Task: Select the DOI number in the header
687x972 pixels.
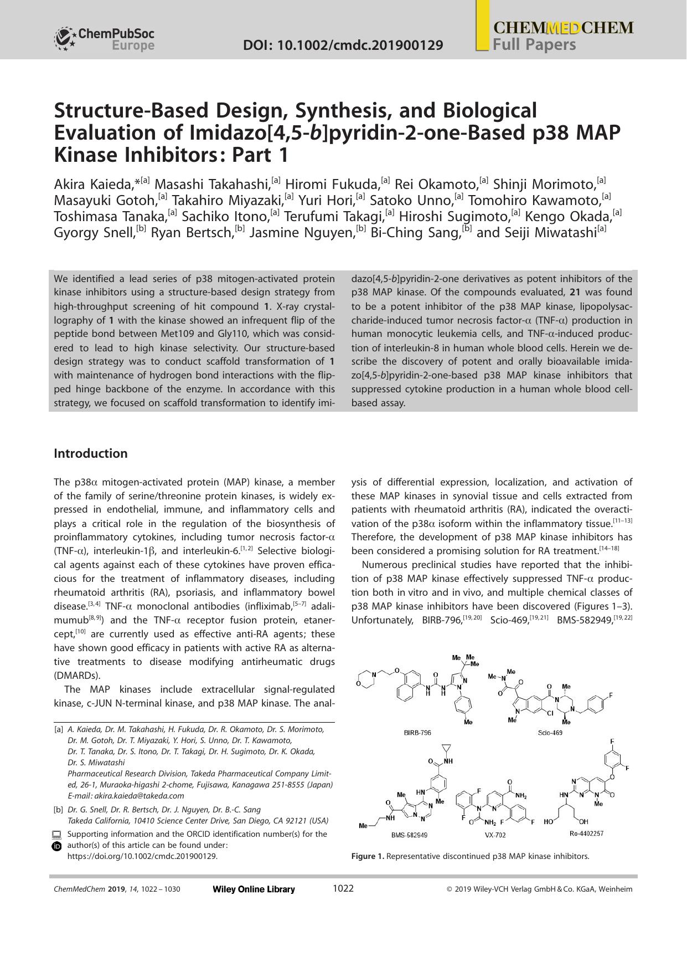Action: pyautogui.click(x=343, y=45)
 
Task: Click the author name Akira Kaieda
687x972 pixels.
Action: pyautogui.click(x=94, y=184)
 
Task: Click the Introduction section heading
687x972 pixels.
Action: pyautogui.click(x=90, y=453)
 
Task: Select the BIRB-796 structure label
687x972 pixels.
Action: pyautogui.click(x=417, y=733)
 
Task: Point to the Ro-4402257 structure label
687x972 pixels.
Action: pyautogui.click(x=586, y=833)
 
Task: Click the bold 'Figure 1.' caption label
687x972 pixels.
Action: pyautogui.click(x=368, y=856)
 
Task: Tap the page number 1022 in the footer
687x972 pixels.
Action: pyautogui.click(x=343, y=888)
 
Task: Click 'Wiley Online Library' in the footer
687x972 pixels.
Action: pyautogui.click(x=254, y=889)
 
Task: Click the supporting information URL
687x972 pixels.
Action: pyautogui.click(x=142, y=856)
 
